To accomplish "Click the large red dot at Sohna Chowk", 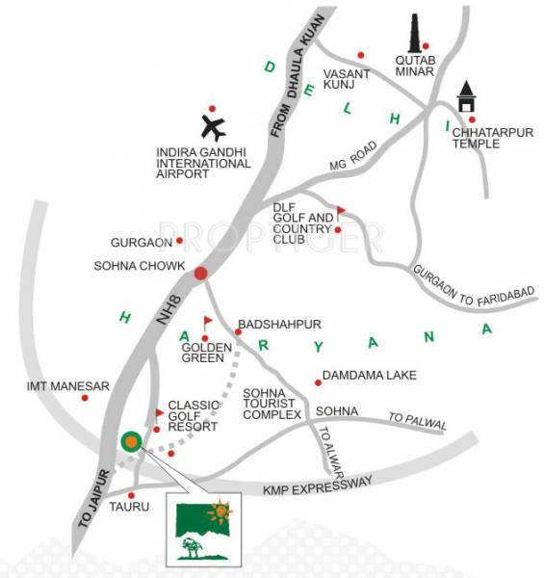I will [200, 274].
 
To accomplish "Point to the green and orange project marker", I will [130, 441].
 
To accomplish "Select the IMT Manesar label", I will [68, 385].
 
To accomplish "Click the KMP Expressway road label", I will [317, 491].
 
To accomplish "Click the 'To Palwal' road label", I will [412, 417].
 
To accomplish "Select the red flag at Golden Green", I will [207, 321].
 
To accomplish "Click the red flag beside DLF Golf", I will [340, 211].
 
